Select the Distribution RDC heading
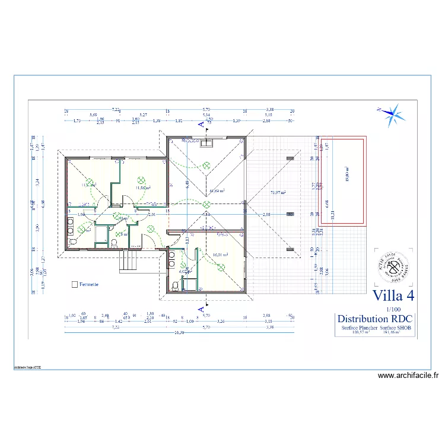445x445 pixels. click(374, 319)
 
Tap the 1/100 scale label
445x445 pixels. click(392, 309)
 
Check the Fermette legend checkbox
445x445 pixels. click(74, 284)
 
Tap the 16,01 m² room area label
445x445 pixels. click(220, 255)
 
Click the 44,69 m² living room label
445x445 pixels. click(217, 191)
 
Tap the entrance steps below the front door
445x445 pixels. click(129, 261)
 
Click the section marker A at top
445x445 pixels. click(202, 124)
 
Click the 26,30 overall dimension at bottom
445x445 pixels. click(179, 332)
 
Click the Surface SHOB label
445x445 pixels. click(395, 328)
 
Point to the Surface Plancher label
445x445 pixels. click(360, 328)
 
